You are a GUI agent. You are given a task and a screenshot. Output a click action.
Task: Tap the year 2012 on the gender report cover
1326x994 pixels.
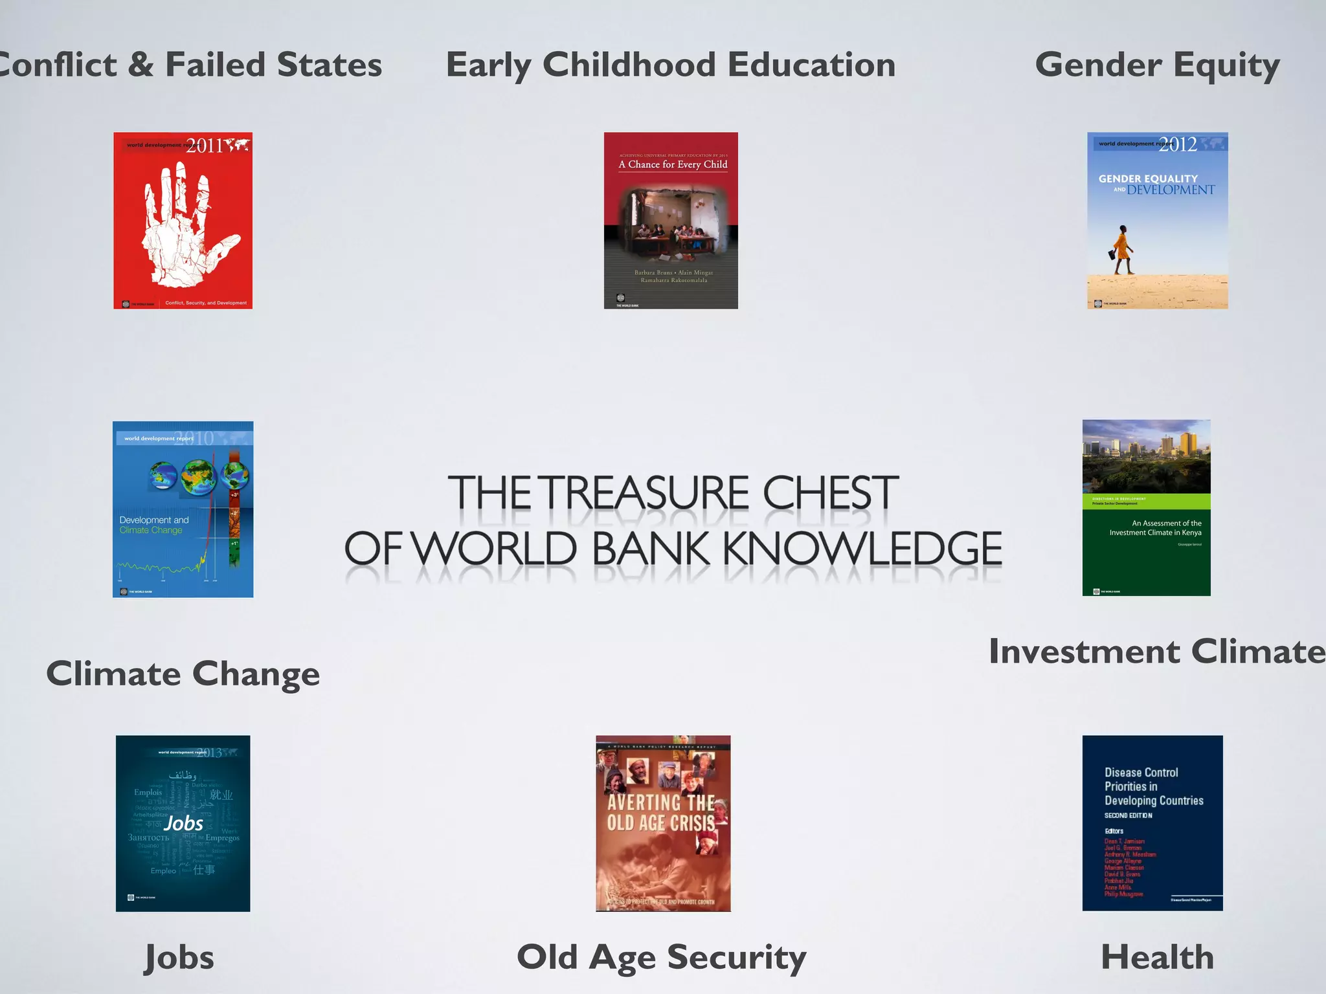pos(1178,144)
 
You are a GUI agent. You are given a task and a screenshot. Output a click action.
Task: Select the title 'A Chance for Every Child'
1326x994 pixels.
pos(673,164)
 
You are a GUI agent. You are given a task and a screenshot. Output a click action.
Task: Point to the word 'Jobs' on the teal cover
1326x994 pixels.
pos(184,823)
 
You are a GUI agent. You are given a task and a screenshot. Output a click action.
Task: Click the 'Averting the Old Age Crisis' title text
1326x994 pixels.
pos(662,813)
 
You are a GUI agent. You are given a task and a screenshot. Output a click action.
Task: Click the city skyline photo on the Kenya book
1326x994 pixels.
pos(1146,456)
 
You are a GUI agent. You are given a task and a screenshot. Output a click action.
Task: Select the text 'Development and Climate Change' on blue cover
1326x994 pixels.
pos(154,525)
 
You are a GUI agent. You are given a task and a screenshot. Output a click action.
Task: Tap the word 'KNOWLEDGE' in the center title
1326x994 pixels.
pos(862,549)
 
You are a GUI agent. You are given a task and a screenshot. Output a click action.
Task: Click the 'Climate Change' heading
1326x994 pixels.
pos(183,674)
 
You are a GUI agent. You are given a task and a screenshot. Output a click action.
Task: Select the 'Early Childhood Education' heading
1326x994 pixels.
pos(671,65)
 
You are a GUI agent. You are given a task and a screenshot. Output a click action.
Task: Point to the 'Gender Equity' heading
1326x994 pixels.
pos(1157,65)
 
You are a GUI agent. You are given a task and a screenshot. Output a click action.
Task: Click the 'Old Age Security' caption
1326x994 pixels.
pos(662,957)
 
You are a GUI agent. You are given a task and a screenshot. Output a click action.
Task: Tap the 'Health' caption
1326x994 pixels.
pos(1157,957)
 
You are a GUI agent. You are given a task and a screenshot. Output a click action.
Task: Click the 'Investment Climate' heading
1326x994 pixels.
pos(1157,652)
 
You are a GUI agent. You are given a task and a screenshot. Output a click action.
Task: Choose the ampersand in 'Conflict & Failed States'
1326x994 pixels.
pos(140,65)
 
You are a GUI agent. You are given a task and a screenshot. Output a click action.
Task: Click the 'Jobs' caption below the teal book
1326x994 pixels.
pos(179,957)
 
